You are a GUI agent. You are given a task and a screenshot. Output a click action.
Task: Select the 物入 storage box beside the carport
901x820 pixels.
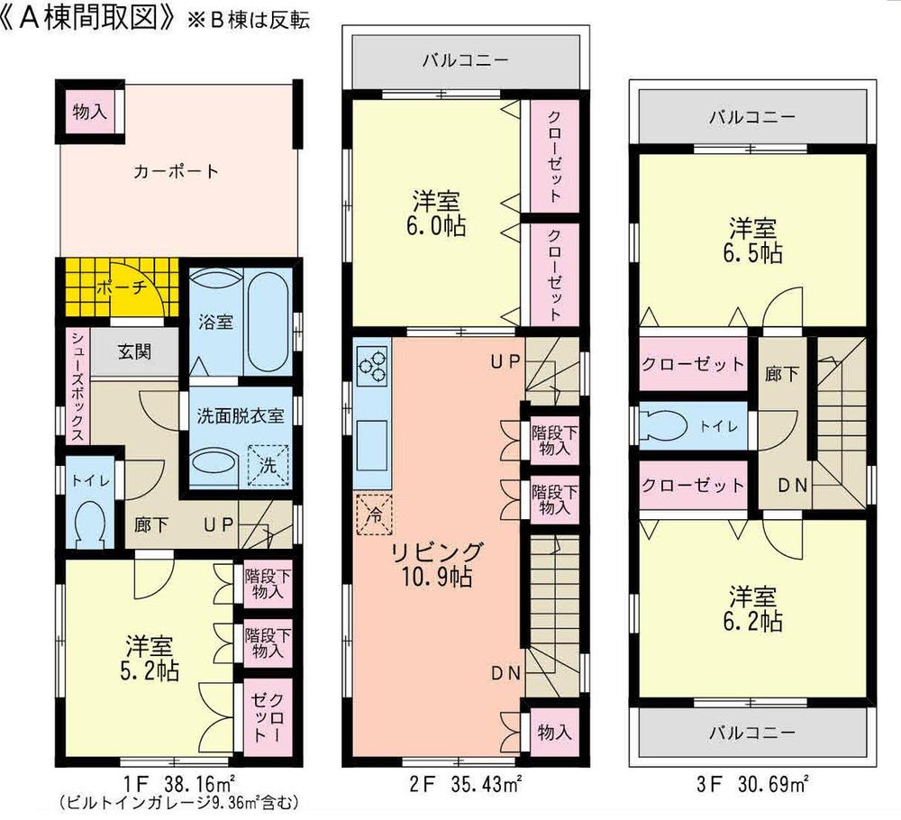(90, 113)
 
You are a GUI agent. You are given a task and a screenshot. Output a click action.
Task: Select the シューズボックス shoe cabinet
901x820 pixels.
(77, 385)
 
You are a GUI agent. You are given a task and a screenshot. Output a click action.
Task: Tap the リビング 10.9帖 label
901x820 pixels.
(435, 564)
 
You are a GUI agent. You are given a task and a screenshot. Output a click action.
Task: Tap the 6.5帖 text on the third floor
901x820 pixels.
(753, 253)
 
